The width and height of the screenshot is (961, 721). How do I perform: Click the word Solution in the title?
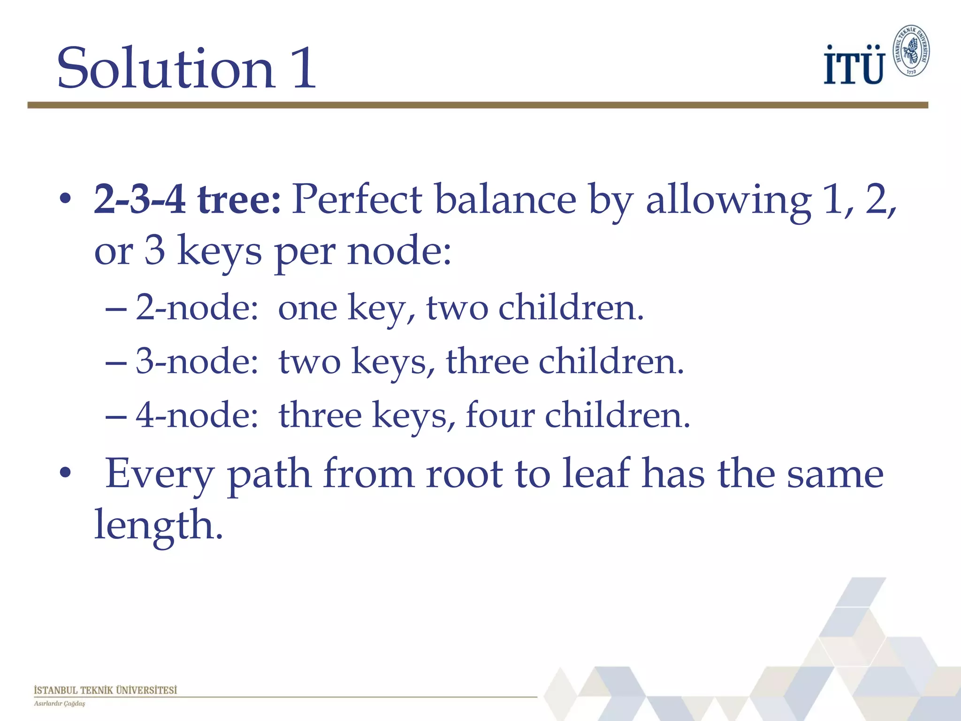(x=165, y=68)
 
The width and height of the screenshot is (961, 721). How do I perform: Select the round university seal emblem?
(x=911, y=51)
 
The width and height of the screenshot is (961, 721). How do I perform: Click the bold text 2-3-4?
(x=139, y=199)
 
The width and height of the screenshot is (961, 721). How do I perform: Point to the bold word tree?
(x=239, y=199)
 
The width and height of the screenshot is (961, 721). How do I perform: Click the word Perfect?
(x=357, y=199)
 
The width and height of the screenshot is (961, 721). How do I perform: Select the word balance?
(x=505, y=199)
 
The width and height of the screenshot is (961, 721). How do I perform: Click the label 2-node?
(x=197, y=308)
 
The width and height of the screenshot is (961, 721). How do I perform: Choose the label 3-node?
(x=197, y=362)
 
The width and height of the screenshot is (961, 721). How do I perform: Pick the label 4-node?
(x=197, y=416)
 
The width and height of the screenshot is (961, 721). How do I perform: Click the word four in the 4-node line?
(x=500, y=415)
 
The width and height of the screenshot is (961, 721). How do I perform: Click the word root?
(x=465, y=474)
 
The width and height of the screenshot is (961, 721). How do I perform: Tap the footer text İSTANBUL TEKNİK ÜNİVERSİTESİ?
(x=106, y=690)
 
